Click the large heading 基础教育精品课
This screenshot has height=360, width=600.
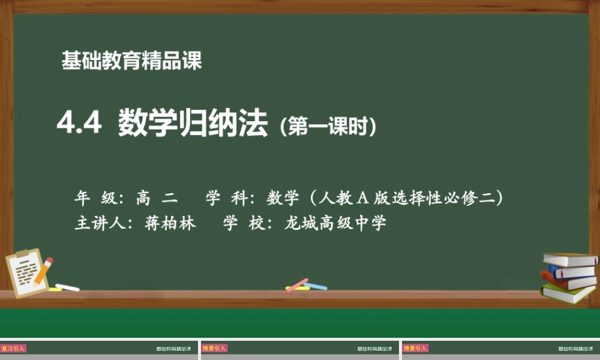click(131, 61)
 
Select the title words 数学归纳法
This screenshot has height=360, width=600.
click(193, 125)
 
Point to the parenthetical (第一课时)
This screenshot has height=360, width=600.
click(328, 126)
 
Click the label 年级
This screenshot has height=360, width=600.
click(96, 197)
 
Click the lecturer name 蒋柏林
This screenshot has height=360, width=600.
click(170, 224)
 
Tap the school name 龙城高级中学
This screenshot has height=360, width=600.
click(335, 224)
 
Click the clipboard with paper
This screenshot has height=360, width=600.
click(27, 273)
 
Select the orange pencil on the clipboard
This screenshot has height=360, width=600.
click(44, 271)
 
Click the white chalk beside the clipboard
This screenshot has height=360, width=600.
click(67, 287)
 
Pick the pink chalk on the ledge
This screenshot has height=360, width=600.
click(296, 285)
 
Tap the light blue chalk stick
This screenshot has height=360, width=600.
click(316, 286)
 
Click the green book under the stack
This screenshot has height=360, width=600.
click(567, 293)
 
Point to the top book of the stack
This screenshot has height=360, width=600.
click(571, 259)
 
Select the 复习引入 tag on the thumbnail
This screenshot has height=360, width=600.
click(13, 348)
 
